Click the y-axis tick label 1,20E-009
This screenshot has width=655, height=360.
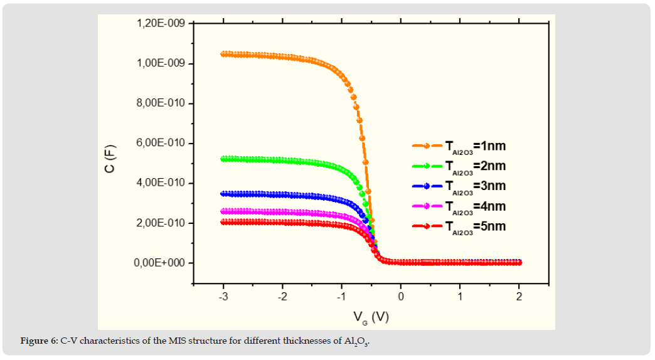pyautogui.click(x=160, y=24)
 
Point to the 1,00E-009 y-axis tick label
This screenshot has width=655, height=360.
pyautogui.click(x=160, y=64)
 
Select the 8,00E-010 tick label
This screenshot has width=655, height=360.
pyautogui.click(x=160, y=103)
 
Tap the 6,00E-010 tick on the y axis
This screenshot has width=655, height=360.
pyautogui.click(x=160, y=144)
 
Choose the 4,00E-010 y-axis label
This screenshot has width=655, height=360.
pyautogui.click(x=160, y=183)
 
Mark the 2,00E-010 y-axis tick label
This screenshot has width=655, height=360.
pyautogui.click(x=160, y=223)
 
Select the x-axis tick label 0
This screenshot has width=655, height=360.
pyautogui.click(x=402, y=297)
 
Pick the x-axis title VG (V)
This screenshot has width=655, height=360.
pyautogui.click(x=371, y=317)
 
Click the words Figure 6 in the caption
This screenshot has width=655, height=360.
pyautogui.click(x=39, y=341)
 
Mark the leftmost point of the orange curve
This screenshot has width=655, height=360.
pyautogui.click(x=223, y=54)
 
